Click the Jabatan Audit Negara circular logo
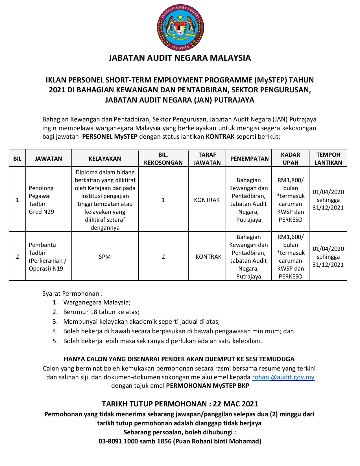click(x=180, y=28)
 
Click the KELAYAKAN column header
click(x=105, y=158)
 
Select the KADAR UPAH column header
click(x=290, y=158)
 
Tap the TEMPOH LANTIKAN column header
click(x=328, y=158)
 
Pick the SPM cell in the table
click(x=105, y=257)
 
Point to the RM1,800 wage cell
click(x=290, y=200)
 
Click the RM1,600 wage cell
click(x=290, y=256)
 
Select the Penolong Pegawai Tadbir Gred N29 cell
click(x=41, y=200)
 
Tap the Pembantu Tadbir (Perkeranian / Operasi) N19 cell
click(x=48, y=256)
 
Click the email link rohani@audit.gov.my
click(x=283, y=377)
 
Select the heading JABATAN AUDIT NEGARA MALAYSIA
click(x=180, y=58)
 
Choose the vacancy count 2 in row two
click(x=163, y=257)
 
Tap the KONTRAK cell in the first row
click(x=207, y=200)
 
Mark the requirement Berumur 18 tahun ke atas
click(x=101, y=312)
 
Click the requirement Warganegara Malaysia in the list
click(x=97, y=302)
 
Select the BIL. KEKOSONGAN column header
click(x=163, y=158)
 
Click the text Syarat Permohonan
click(x=72, y=293)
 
